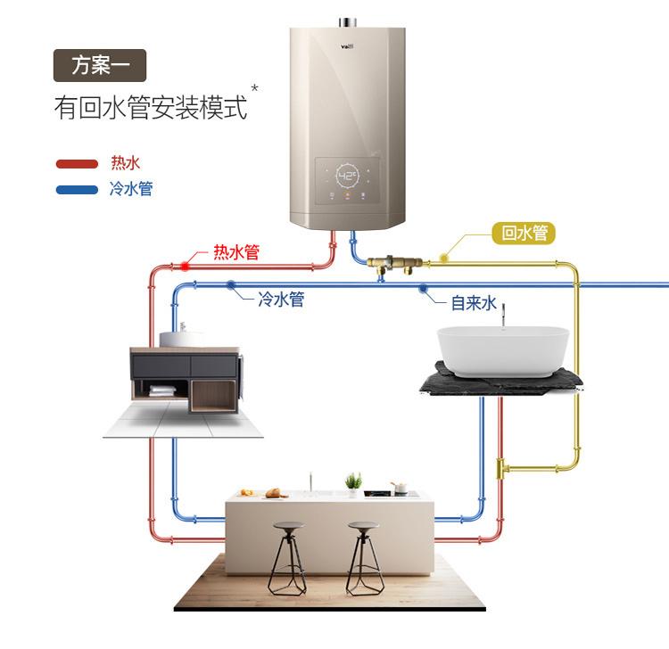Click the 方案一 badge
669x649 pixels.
coord(99,65)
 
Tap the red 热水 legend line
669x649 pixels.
coord(77,164)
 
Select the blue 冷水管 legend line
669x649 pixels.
coord(77,190)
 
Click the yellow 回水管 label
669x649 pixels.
coord(524,234)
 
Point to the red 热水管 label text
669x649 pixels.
coord(235,253)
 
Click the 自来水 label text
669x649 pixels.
coord(473,303)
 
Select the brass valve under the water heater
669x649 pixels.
coord(392,262)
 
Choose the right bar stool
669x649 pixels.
coord(364,557)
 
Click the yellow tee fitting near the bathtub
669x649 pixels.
coord(503,465)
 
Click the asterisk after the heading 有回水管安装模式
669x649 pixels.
coord(255,87)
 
